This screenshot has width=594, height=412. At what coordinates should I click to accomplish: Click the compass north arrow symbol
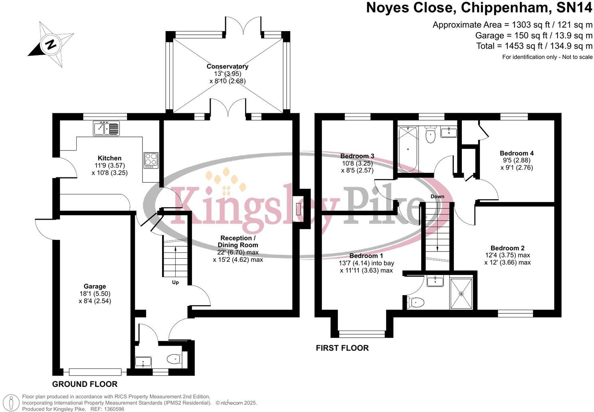[x=51, y=44]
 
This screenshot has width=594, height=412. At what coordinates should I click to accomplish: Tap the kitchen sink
[x=106, y=128]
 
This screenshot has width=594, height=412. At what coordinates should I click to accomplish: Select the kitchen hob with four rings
[x=151, y=160]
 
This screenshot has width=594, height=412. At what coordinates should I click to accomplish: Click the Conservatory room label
[x=227, y=67]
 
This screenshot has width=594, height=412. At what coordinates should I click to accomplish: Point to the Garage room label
[x=95, y=286]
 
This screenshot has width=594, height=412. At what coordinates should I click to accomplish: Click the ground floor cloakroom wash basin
[x=143, y=362]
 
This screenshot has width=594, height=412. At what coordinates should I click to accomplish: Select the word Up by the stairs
[x=175, y=282]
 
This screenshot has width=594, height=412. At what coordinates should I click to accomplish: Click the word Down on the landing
[x=437, y=196]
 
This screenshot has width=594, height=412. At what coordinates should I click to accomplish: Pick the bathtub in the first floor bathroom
[x=408, y=149]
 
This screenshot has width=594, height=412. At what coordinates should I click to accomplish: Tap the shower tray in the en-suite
[x=461, y=294]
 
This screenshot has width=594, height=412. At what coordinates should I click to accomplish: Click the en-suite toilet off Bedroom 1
[x=415, y=303]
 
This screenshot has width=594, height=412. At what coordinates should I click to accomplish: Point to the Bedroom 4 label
[x=517, y=153]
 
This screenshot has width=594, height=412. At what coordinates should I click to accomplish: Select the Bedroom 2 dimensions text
[x=507, y=259]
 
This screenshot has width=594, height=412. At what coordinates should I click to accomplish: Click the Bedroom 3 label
[x=357, y=156]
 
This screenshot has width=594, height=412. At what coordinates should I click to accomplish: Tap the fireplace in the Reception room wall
[x=299, y=209]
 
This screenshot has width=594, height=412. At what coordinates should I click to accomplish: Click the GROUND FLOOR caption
[x=85, y=384]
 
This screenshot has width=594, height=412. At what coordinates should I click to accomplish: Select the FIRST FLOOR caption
[x=342, y=348]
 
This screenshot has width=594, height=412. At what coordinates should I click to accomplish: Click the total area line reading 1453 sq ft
[x=534, y=46]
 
